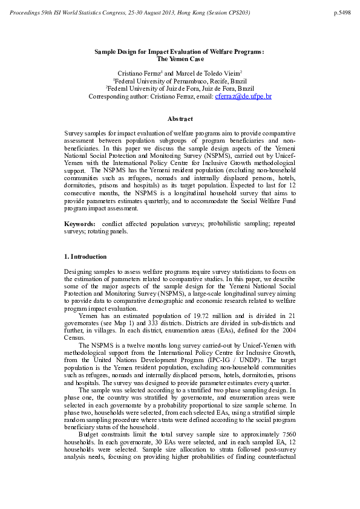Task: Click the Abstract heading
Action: pos(180,119)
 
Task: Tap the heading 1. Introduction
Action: pos(85,257)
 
